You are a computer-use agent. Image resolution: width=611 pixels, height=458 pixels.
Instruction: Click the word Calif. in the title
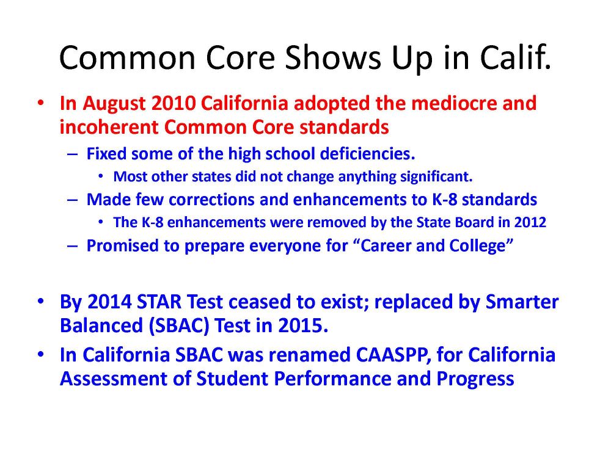tap(516, 57)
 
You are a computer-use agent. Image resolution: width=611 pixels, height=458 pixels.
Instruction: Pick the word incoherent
tap(109, 127)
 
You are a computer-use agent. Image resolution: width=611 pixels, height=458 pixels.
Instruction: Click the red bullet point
tap(40, 103)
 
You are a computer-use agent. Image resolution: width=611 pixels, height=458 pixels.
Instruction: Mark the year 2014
tap(109, 302)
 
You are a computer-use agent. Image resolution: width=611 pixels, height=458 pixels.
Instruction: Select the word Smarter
tap(522, 302)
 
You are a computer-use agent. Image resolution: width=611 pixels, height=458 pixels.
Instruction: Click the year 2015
tap(302, 325)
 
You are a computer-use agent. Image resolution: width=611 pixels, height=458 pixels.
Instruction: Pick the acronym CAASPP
tap(394, 355)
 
